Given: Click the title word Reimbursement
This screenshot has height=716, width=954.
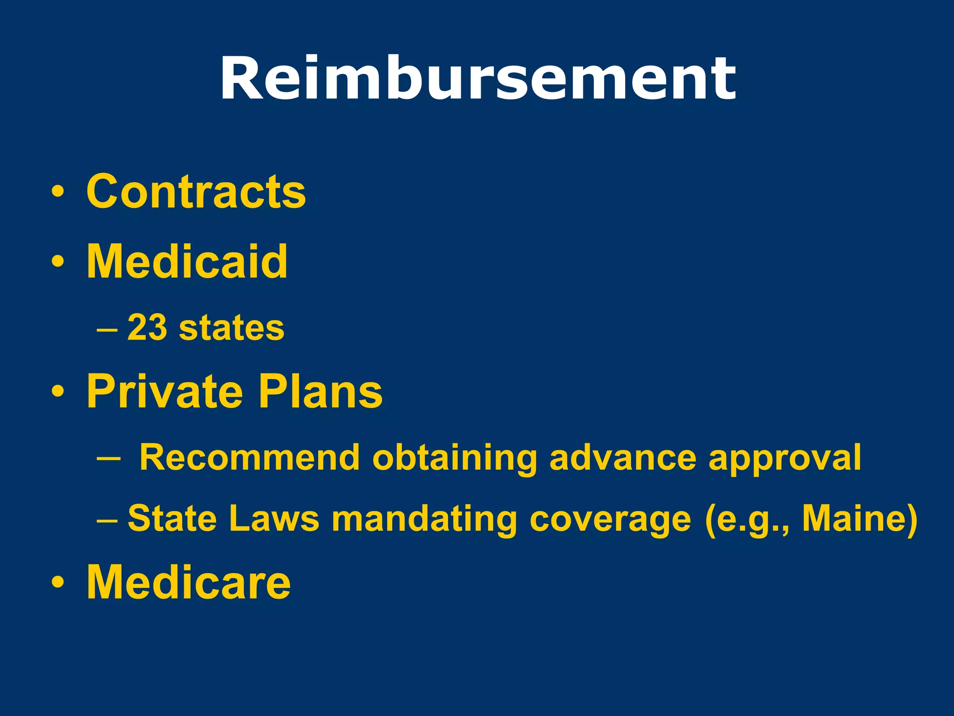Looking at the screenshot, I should tap(477, 78).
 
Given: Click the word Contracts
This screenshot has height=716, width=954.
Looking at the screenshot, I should tap(196, 191).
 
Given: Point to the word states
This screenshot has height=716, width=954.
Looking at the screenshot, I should tap(232, 328).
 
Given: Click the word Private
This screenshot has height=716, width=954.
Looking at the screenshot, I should tap(165, 392).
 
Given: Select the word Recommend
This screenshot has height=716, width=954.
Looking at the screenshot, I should tap(249, 457).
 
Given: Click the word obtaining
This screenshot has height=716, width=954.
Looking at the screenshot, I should tap(455, 457).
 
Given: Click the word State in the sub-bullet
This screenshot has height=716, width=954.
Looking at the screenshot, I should tap(172, 518).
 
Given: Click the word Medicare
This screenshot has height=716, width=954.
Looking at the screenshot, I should tap(189, 582).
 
